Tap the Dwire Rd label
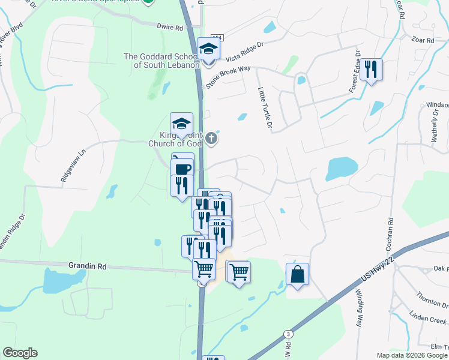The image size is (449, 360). [169, 27]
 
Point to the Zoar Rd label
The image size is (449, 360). [423, 40]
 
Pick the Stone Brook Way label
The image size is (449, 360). [228, 76]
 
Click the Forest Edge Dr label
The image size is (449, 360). [355, 76]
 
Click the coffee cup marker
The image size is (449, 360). [182, 167]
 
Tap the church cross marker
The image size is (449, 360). [211, 139]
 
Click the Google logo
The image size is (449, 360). [20, 353]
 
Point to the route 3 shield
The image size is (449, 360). [289, 334]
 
